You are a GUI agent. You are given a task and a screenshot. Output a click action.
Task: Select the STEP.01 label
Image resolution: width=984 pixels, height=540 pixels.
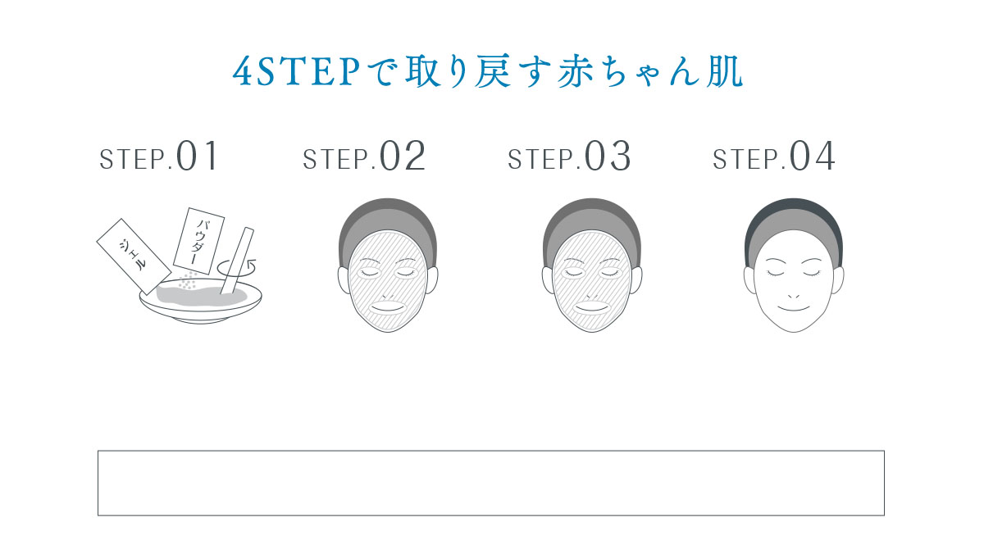tap(159, 157)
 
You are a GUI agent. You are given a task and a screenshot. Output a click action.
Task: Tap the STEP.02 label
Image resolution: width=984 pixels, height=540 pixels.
tap(364, 157)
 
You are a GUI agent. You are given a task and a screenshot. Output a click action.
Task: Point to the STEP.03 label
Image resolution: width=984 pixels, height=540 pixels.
tap(569, 157)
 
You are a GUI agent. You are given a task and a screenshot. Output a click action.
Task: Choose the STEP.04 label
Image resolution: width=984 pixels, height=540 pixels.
tap(774, 157)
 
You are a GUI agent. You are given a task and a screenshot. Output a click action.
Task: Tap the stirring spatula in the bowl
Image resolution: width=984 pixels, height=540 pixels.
tap(239, 258)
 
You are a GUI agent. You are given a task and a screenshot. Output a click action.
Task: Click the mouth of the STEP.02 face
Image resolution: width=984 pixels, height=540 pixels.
tap(387, 306)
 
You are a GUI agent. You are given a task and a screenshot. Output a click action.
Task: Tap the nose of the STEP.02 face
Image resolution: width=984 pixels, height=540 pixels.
tap(387, 293)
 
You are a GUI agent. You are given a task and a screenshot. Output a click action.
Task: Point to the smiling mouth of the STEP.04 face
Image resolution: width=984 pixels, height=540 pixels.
tap(793, 308)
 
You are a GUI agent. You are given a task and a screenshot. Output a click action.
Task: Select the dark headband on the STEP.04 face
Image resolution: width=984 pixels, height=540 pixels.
tap(793, 212)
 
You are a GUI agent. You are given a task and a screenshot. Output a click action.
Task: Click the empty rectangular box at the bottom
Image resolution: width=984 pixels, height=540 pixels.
tap(490, 483)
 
